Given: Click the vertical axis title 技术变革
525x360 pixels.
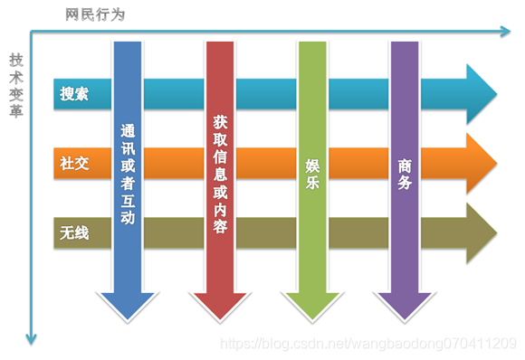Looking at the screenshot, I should pyautogui.click(x=16, y=86).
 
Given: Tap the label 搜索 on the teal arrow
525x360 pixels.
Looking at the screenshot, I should pyautogui.click(x=74, y=94).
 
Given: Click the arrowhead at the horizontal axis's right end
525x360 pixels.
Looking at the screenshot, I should pyautogui.click(x=506, y=32).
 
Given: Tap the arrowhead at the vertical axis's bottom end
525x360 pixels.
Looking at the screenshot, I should pyautogui.click(x=32, y=338).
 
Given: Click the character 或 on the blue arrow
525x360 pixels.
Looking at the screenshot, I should pyautogui.click(x=128, y=167).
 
